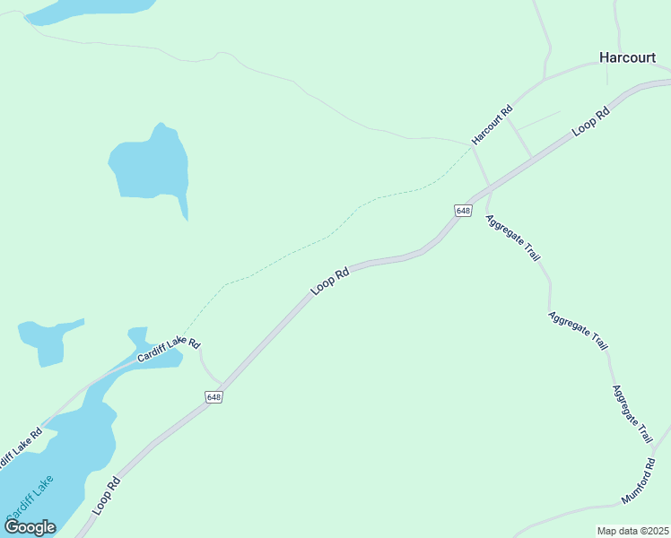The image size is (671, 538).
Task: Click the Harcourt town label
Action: click(x=627, y=57)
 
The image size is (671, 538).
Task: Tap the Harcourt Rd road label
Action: click(x=492, y=125)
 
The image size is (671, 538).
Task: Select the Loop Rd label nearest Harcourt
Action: click(x=590, y=121)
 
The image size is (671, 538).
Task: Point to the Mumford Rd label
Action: click(x=639, y=481)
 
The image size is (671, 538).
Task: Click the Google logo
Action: click(x=30, y=527)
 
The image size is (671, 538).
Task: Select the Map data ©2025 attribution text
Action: click(x=632, y=531)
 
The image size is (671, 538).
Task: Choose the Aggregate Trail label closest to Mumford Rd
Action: click(x=632, y=414)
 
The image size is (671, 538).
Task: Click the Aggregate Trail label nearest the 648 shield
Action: click(x=513, y=238)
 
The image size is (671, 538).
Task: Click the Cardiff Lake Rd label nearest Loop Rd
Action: click(x=169, y=350)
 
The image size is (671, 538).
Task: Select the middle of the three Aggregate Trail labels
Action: click(x=579, y=331)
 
